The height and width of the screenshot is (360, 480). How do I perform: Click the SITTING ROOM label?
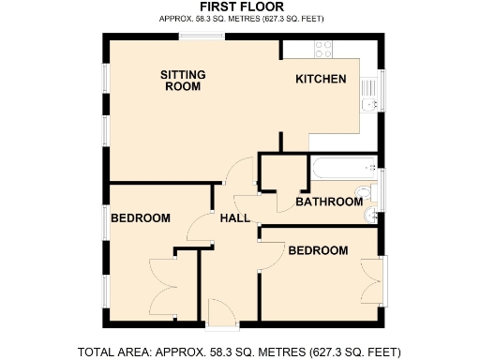(x=183, y=80)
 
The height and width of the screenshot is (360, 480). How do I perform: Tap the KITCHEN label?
(x=322, y=80)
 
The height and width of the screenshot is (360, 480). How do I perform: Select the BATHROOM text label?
(x=329, y=202)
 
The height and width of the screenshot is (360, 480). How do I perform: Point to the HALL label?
(x=234, y=218)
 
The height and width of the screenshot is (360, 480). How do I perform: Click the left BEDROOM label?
(x=141, y=218)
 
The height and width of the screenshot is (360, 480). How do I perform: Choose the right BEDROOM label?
(x=318, y=250)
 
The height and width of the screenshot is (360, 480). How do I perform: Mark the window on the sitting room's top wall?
(x=202, y=37)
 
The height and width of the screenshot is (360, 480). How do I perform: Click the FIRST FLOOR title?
(x=240, y=7)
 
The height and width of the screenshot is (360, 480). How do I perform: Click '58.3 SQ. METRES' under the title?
(x=224, y=18)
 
